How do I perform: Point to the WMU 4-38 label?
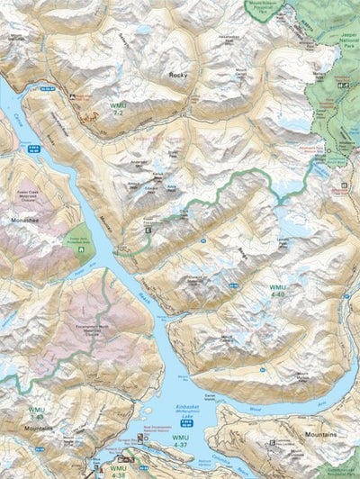118,470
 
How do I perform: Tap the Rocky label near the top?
176,77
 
